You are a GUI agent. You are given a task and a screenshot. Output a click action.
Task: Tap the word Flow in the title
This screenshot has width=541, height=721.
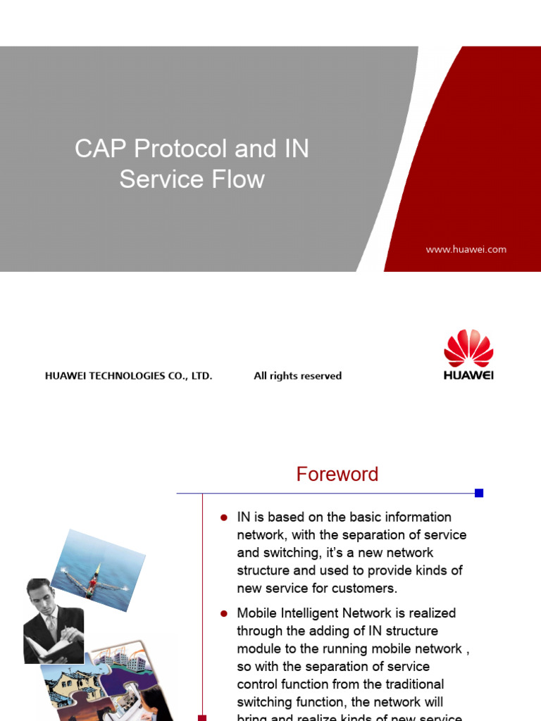pos(241,180)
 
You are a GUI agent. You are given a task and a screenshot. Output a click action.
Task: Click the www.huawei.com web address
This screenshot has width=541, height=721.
pos(466,249)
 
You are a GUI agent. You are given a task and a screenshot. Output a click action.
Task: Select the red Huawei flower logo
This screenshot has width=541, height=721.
pos(468,349)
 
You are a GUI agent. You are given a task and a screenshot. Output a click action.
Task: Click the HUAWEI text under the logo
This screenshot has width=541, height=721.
pos(468,375)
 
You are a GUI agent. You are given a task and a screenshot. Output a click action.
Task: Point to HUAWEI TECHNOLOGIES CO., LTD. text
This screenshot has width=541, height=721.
pos(128,376)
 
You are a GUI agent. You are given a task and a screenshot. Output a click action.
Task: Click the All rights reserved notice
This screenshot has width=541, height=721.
pos(297,376)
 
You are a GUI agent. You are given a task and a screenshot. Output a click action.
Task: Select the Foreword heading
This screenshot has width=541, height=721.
pos(337,475)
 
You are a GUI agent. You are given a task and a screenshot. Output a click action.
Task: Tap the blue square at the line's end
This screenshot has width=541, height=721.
pos(479,493)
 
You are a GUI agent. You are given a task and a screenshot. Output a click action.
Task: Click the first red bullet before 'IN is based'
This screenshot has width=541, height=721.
pos(224,518)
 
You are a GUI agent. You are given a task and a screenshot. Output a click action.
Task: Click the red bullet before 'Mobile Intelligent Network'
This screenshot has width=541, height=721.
pos(224,613)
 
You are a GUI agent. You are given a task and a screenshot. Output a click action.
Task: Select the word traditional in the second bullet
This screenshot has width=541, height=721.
pos(409,684)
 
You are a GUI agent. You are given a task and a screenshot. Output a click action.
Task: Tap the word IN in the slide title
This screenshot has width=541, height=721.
pos(296,149)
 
